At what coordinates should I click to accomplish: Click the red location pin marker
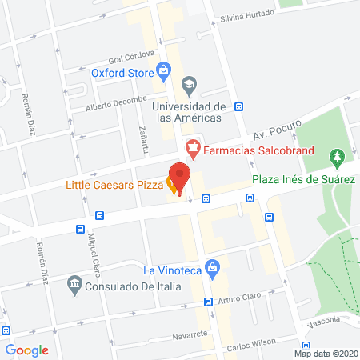pyautogui.click(x=180, y=178)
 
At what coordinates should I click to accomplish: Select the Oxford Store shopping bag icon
pyautogui.click(x=163, y=70)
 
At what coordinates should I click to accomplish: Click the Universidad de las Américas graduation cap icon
pyautogui.click(x=189, y=83)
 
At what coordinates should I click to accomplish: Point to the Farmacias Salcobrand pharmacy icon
pyautogui.click(x=192, y=148)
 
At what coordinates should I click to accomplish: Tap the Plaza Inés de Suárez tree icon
pyautogui.click(x=337, y=155)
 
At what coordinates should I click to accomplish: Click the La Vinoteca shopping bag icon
pyautogui.click(x=212, y=266)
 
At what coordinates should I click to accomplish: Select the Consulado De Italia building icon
pyautogui.click(x=75, y=282)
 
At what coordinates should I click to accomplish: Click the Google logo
pyautogui.click(x=27, y=350)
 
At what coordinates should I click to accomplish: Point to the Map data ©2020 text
pyautogui.click(x=326, y=353)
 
